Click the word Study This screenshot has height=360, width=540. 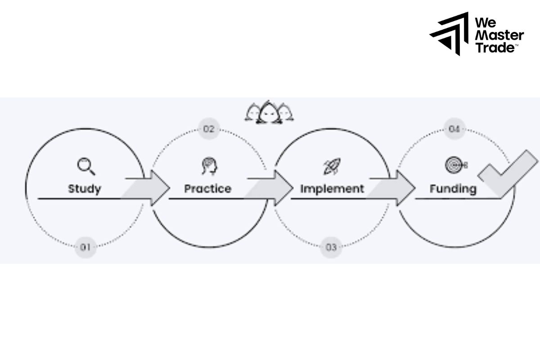[x=85, y=188]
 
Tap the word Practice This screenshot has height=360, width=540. [x=207, y=188]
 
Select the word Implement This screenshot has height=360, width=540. [x=332, y=188]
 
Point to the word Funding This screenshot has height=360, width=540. [x=453, y=188]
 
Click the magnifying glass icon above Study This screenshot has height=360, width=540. [x=85, y=166]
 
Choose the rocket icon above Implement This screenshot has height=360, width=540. [x=332, y=166]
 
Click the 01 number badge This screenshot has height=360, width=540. [x=85, y=247]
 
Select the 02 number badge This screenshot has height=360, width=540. [x=208, y=130]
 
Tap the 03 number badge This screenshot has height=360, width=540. [x=331, y=247]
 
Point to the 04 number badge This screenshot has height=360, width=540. [x=454, y=130]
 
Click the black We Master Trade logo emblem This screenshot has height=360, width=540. [x=449, y=33]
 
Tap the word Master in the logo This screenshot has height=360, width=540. [x=499, y=35]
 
